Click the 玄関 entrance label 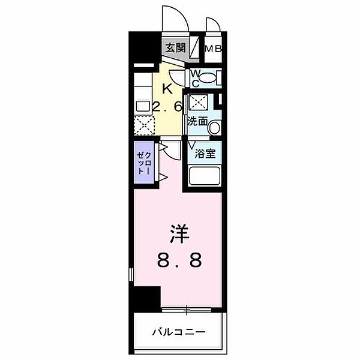(175, 48)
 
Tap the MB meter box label (213, 49)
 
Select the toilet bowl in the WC (208, 78)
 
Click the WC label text (196, 79)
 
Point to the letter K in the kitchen (167, 89)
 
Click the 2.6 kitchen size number (167, 106)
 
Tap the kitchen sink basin (143, 106)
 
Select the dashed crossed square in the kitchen (144, 125)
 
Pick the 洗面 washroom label (197, 121)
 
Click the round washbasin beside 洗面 (214, 127)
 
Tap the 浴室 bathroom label (205, 154)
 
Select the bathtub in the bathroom (204, 176)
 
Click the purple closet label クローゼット (143, 163)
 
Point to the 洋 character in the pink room (179, 234)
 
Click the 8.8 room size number (179, 260)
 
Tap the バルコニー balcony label (179, 332)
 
